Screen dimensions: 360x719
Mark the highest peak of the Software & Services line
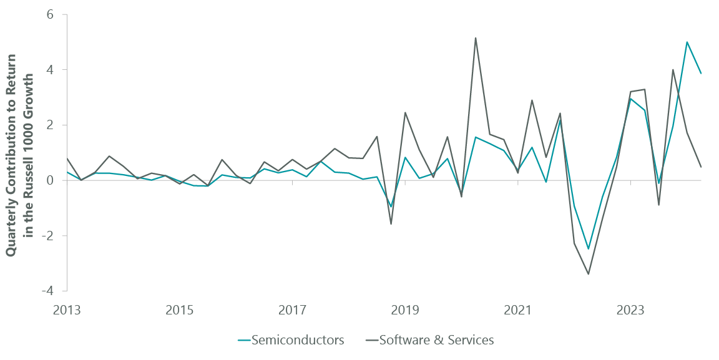pos(476,38)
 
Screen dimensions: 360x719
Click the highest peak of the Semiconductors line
pos(687,42)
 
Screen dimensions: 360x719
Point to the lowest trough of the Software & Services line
pos(588,274)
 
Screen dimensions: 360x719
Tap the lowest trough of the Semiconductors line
pos(588,249)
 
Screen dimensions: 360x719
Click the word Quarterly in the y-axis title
pos(12,223)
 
